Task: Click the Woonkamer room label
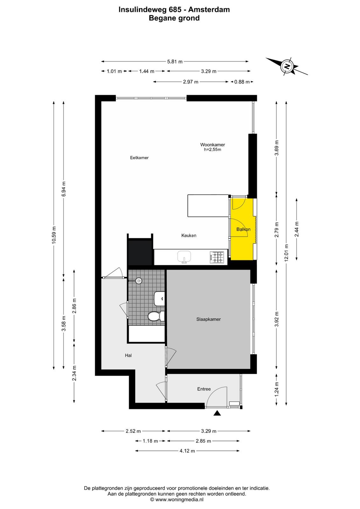click(212, 144)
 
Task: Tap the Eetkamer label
click(139, 157)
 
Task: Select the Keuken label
click(189, 235)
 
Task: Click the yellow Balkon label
click(243, 229)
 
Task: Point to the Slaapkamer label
click(209, 319)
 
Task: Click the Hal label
click(128, 355)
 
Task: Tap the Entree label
click(204, 389)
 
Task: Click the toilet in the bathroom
click(156, 316)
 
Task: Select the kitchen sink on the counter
click(184, 257)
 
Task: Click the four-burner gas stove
click(217, 257)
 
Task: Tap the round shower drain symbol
click(139, 281)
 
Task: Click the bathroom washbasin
click(159, 299)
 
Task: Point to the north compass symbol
click(287, 66)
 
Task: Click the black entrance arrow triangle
click(217, 413)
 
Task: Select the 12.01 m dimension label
click(287, 253)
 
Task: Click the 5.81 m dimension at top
click(175, 61)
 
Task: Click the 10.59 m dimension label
click(54, 235)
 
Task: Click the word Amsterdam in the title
click(209, 10)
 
